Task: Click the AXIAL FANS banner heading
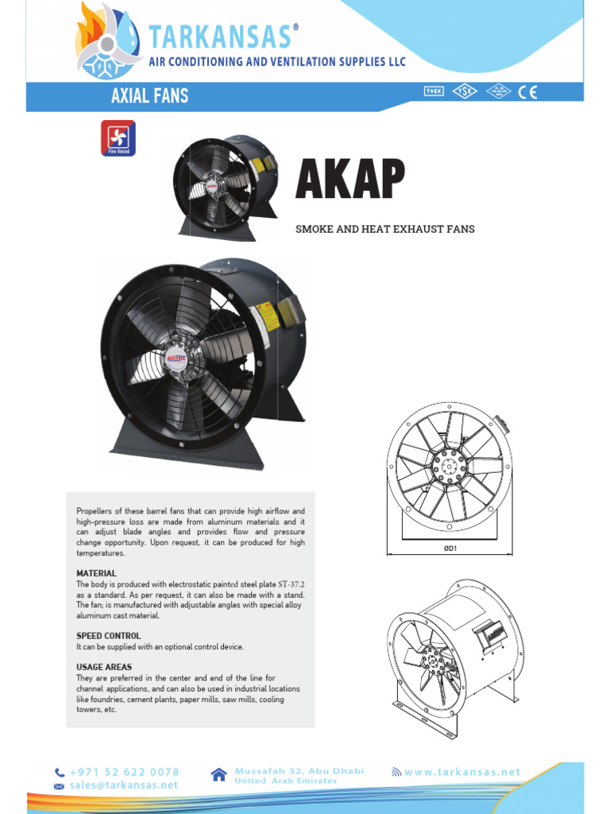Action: [x=149, y=96]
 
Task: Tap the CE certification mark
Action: [x=528, y=91]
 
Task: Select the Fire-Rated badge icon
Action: [x=118, y=138]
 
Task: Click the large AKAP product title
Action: [x=350, y=180]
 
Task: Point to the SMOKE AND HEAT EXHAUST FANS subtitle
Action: [x=384, y=229]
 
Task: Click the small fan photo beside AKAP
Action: [x=225, y=186]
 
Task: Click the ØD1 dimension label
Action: [x=450, y=548]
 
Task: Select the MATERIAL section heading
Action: [x=96, y=573]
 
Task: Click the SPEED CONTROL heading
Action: [x=109, y=636]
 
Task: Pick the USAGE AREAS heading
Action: [x=104, y=667]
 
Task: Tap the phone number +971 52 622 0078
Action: [x=125, y=772]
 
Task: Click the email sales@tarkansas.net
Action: [x=124, y=785]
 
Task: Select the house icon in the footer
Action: [x=220, y=775]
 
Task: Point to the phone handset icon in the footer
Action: [x=60, y=773]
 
